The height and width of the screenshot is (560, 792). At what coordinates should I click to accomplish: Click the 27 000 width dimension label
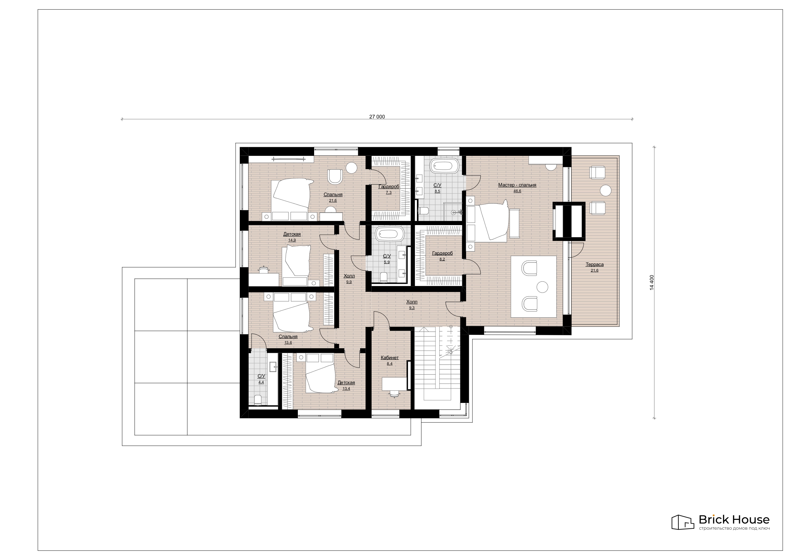[377, 117]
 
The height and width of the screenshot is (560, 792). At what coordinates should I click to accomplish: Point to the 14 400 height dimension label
[652, 282]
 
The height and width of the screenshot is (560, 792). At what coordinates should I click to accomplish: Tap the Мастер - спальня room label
[517, 185]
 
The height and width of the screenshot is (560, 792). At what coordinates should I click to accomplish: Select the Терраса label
[594, 264]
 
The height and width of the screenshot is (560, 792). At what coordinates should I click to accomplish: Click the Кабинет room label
[389, 358]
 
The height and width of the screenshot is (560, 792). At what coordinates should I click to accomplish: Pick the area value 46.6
[517, 191]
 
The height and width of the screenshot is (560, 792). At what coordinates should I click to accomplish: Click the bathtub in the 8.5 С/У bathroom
[445, 166]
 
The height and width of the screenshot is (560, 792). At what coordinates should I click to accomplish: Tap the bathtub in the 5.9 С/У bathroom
[390, 234]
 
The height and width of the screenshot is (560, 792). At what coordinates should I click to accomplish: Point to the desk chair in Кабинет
[394, 394]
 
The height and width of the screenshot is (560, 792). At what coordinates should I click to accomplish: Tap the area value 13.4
[346, 389]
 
